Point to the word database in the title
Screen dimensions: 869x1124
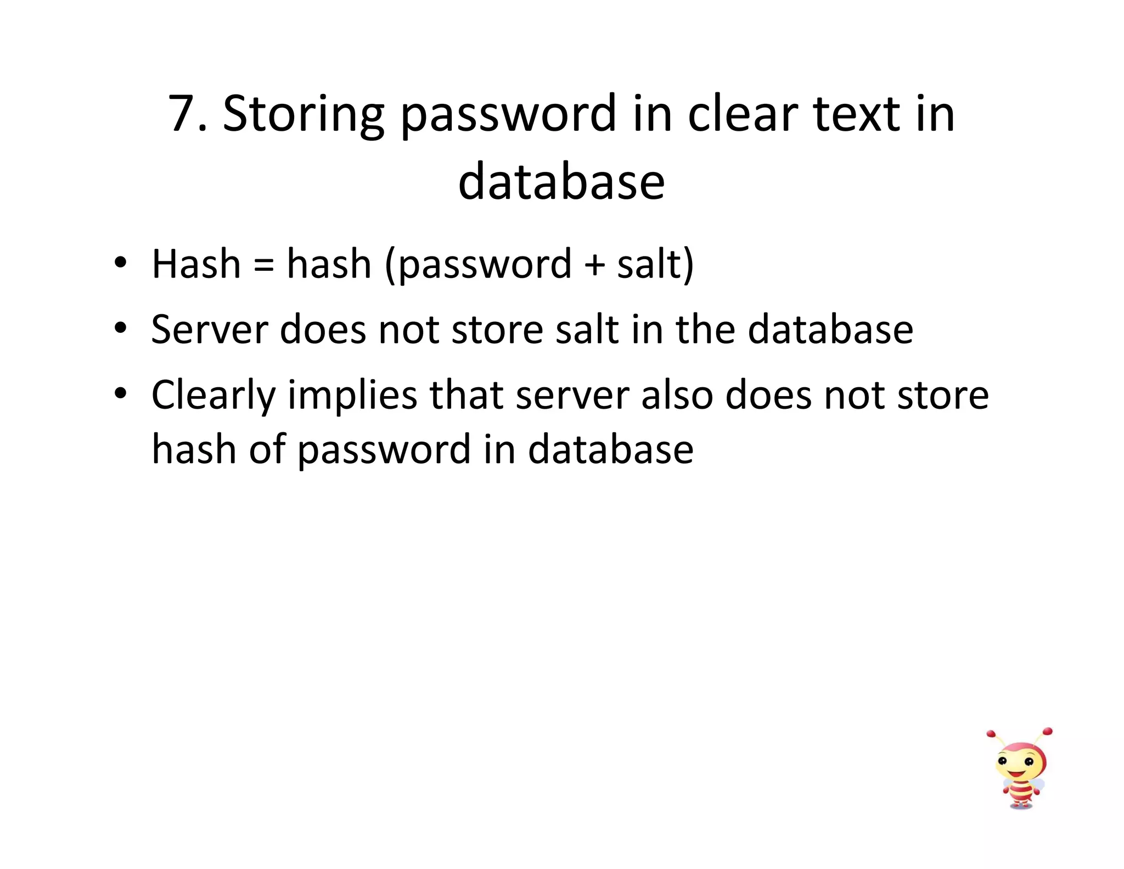pos(561,182)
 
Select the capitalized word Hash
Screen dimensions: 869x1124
pos(196,264)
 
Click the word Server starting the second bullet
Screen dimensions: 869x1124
pos(209,330)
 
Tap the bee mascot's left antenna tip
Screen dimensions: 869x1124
pos(991,734)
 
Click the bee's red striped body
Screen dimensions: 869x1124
pos(1020,792)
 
